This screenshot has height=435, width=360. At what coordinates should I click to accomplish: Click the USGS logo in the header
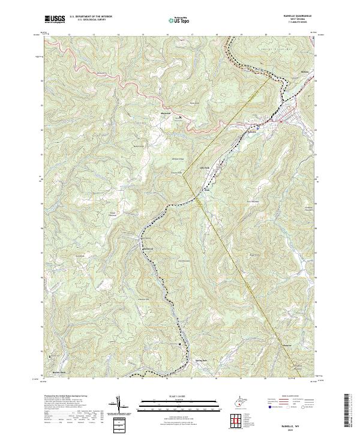tap(55, 20)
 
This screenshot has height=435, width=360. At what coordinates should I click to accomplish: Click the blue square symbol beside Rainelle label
tap(257, 127)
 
